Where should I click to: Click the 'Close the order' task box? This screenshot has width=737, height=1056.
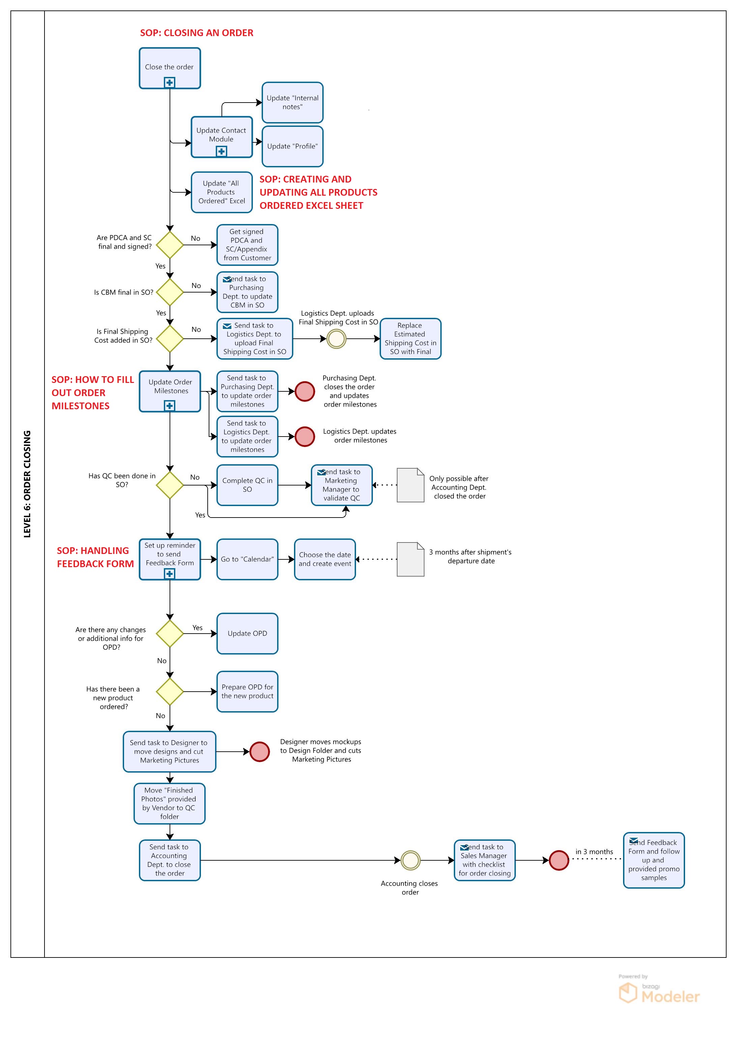tap(170, 68)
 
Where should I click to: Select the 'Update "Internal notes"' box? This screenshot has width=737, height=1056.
tap(292, 103)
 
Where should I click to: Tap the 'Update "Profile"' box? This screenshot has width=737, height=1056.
tap(292, 146)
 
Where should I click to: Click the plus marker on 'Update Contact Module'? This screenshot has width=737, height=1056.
tap(222, 151)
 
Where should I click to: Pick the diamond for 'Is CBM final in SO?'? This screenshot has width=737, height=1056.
tap(170, 292)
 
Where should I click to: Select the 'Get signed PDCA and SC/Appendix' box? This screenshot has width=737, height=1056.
tap(247, 245)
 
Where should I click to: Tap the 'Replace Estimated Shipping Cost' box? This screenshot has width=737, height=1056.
tap(410, 338)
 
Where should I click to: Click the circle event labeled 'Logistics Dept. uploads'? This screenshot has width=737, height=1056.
tap(336, 339)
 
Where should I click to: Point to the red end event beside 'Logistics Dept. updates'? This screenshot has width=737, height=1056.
tap(305, 437)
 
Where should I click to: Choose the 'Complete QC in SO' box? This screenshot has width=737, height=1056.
tap(247, 485)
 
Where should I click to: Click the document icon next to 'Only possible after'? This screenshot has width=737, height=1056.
tap(410, 485)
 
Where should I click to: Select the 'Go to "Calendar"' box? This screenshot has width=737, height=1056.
tap(247, 559)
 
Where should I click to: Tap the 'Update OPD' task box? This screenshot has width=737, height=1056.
tap(247, 633)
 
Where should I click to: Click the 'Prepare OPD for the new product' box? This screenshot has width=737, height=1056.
tap(247, 691)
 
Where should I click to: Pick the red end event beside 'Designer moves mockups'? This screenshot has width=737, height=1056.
tap(260, 752)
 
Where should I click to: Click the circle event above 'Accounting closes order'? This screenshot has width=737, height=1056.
tap(410, 860)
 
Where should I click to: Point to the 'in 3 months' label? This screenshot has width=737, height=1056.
tap(594, 852)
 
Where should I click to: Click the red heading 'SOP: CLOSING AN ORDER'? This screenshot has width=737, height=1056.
tap(197, 33)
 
